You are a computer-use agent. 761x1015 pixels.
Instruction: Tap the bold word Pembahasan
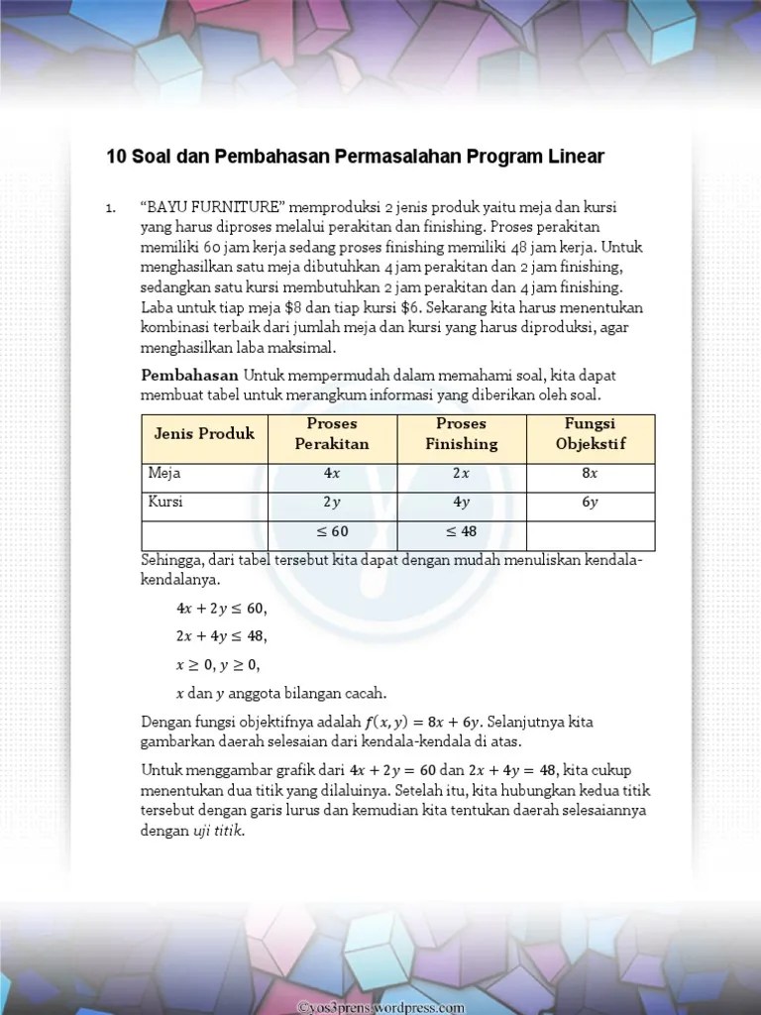pos(190,376)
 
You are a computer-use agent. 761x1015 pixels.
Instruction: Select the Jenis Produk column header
pos(204,434)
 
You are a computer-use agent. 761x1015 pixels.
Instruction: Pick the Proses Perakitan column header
pos(332,434)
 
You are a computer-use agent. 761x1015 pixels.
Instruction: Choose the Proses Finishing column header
pos(462,434)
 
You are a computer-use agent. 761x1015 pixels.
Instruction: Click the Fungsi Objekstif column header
pos(590,434)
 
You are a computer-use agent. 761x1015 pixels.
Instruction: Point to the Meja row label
pos(164,474)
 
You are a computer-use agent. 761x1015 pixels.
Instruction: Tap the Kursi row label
pos(166,503)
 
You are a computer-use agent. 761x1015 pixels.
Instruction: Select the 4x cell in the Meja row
pos(332,474)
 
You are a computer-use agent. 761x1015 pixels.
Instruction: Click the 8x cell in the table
pos(590,474)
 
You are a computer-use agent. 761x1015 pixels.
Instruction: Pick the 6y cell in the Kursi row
pos(590,503)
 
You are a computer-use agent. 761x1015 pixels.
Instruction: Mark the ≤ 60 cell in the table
pos(332,532)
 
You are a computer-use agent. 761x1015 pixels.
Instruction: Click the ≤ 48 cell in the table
pos(462,532)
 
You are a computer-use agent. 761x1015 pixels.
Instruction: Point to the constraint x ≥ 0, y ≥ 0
pos(218,664)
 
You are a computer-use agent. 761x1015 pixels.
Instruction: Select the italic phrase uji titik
pos(218,832)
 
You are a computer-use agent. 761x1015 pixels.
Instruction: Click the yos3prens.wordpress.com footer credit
pos(380,1007)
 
